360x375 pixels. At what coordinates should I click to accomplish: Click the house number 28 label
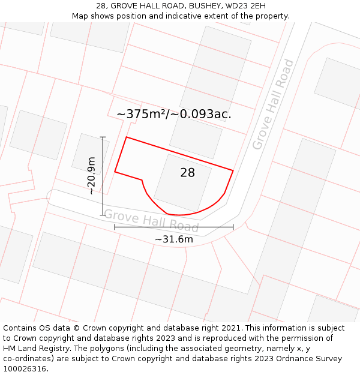[x=187, y=173]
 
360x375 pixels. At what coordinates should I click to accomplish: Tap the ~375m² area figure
[x=143, y=114]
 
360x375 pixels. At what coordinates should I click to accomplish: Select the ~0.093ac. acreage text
[x=202, y=114]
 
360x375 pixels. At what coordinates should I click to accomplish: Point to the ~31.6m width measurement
[x=174, y=239]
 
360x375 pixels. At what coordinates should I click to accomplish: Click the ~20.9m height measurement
[x=91, y=176]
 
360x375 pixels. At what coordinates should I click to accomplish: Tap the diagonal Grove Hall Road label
[x=274, y=104]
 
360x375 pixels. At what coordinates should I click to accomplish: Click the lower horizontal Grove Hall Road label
[x=151, y=221]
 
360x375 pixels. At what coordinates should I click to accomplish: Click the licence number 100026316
[x=25, y=369]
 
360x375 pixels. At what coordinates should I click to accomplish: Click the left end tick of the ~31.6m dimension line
[x=115, y=227]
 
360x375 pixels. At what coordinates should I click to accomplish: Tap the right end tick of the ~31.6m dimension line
[x=233, y=227]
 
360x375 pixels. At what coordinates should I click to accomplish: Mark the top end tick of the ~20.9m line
[x=103, y=137]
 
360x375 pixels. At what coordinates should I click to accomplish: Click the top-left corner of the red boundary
[x=126, y=137]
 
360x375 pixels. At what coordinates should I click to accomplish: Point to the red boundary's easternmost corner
[x=233, y=170]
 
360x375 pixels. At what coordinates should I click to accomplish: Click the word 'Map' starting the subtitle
[x=80, y=16]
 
